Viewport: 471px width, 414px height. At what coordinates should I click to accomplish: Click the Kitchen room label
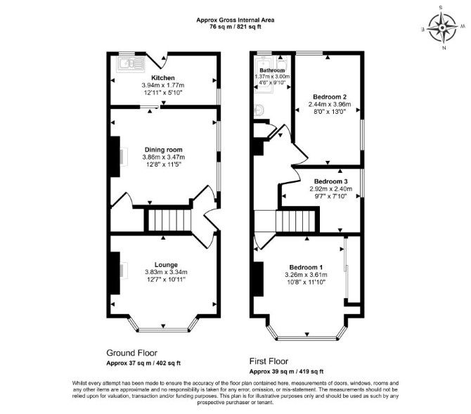(163, 78)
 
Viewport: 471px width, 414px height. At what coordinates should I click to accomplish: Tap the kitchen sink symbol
(131, 64)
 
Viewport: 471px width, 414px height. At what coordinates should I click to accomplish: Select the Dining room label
(163, 150)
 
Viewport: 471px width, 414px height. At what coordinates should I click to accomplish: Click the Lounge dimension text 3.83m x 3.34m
(166, 272)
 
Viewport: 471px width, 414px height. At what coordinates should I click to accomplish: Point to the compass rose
(442, 27)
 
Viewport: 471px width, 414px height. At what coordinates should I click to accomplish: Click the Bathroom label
(272, 70)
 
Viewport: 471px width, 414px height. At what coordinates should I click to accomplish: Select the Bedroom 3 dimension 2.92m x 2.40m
(330, 189)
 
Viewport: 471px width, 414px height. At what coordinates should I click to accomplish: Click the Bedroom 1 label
(306, 267)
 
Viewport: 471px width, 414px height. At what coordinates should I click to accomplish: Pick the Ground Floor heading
(132, 352)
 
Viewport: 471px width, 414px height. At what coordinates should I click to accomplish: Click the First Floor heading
(269, 361)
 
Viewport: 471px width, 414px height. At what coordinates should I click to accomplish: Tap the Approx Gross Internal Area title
(235, 20)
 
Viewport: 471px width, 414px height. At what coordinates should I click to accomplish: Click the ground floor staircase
(169, 220)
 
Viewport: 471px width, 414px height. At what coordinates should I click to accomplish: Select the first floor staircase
(295, 221)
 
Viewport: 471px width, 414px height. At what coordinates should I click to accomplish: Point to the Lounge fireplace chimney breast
(115, 273)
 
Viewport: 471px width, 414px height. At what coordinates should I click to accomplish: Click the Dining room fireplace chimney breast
(115, 157)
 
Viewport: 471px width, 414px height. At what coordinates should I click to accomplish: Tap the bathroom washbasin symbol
(259, 110)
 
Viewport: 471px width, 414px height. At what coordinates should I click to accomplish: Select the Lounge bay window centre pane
(163, 330)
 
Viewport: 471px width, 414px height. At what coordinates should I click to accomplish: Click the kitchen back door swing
(158, 61)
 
